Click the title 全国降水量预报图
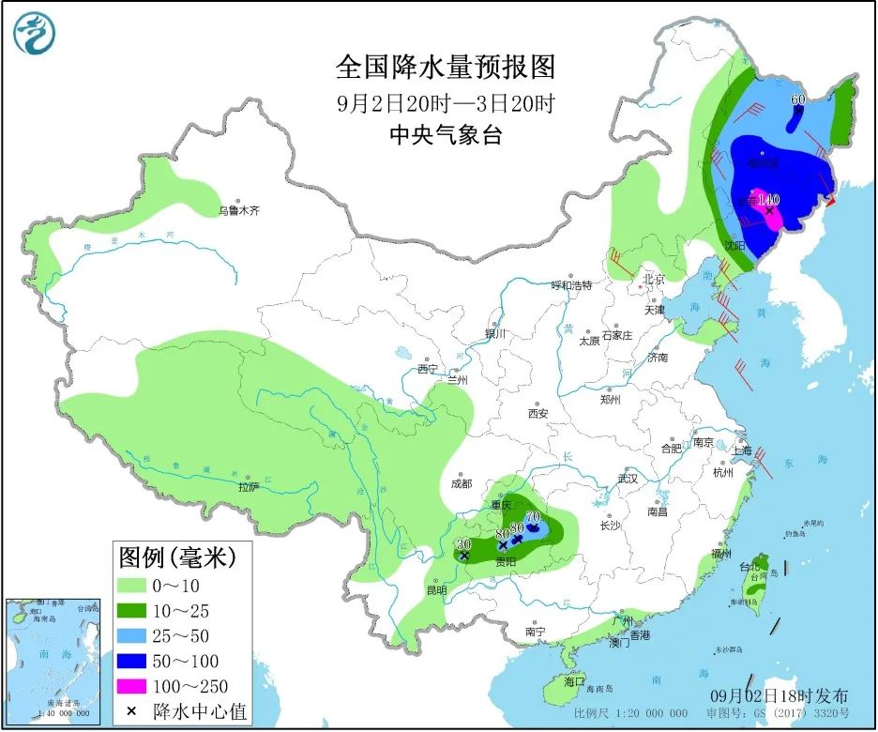click(446, 68)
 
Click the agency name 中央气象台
click(446, 135)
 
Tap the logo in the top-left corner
click(35, 34)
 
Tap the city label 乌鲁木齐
click(238, 211)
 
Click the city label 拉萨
click(248, 487)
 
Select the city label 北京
click(653, 279)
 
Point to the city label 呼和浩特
click(571, 285)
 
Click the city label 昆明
click(436, 590)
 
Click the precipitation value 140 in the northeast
click(768, 199)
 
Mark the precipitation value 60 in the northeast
click(798, 99)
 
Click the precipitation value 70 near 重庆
click(533, 516)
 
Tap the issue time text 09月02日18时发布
click(779, 696)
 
